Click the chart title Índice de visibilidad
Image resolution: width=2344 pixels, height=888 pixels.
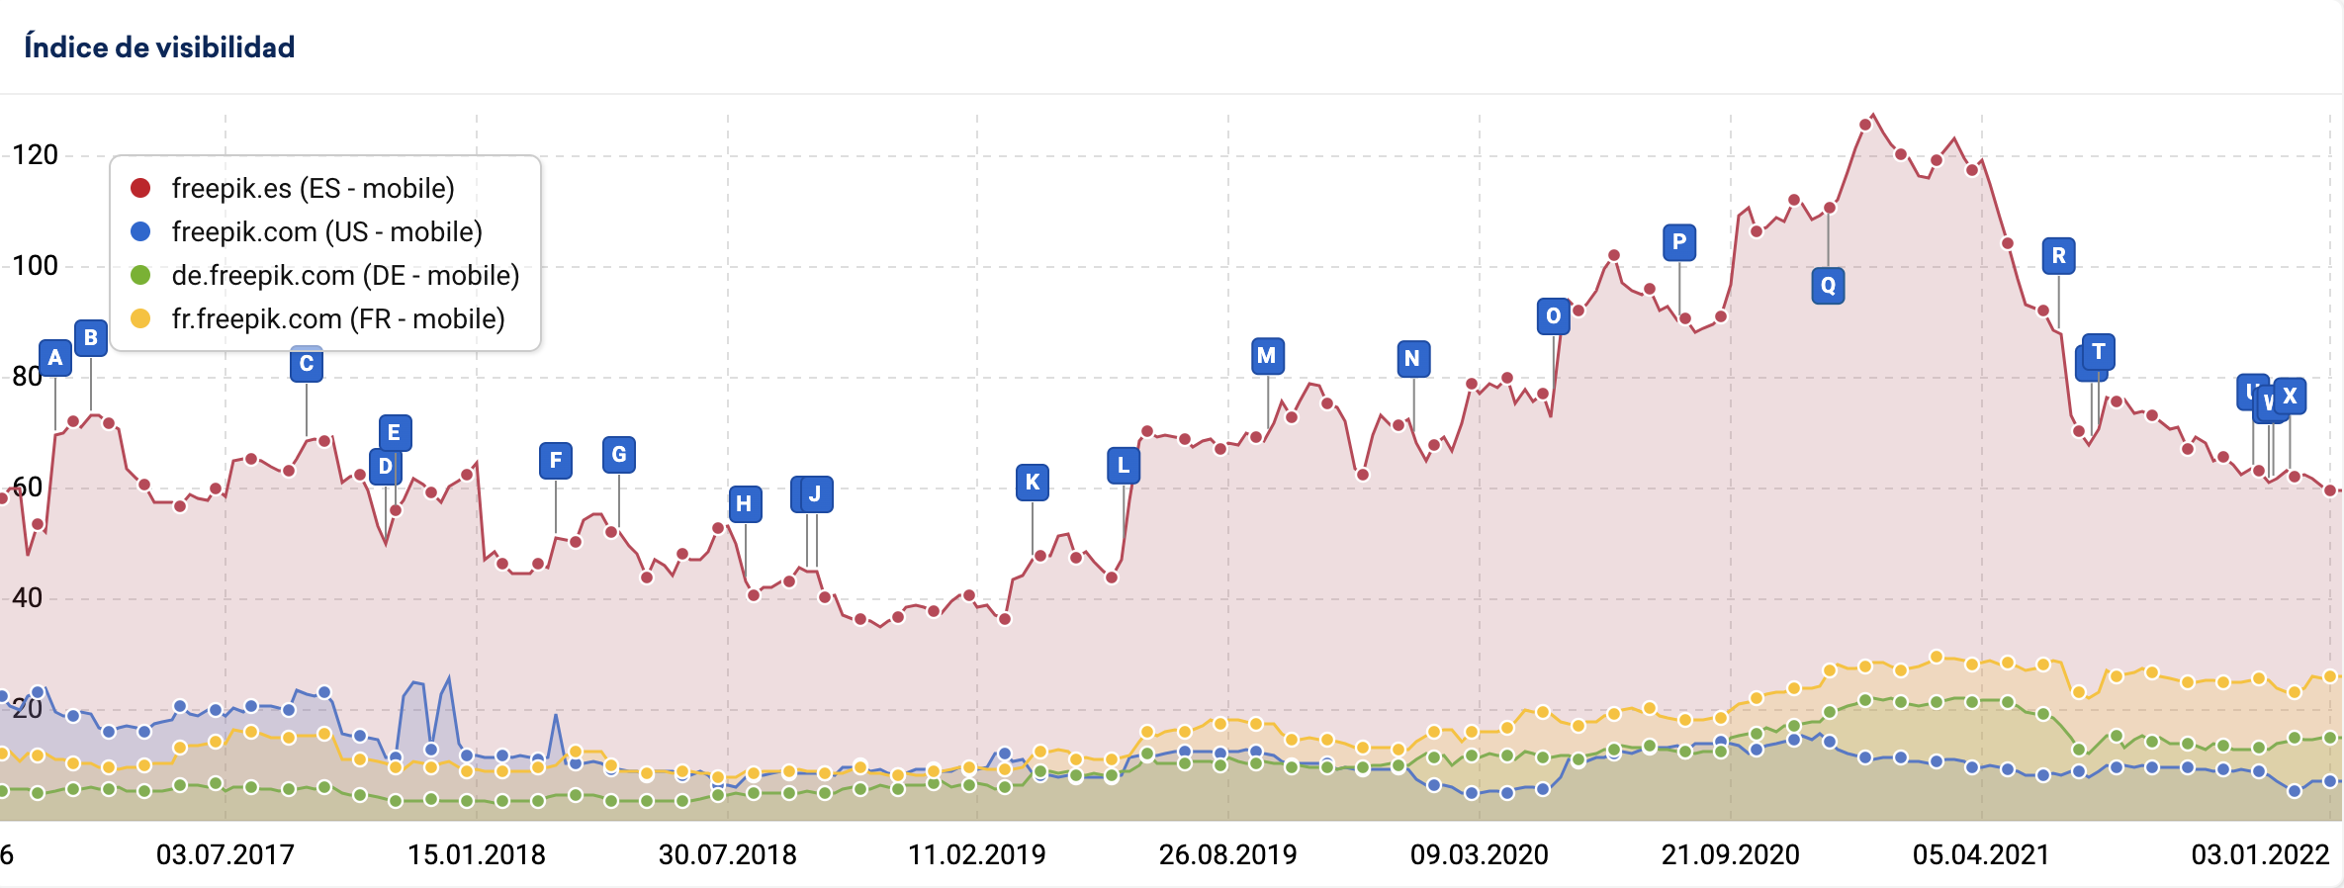(x=159, y=46)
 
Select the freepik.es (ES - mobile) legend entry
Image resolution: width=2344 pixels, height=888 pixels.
(x=312, y=188)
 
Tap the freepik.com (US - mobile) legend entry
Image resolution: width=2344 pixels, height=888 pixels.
(x=325, y=231)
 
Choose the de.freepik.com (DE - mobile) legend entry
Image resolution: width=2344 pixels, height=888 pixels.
(x=344, y=275)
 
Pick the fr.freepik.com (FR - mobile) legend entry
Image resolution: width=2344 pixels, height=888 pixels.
(x=337, y=318)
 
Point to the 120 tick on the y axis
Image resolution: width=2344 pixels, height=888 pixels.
(x=35, y=154)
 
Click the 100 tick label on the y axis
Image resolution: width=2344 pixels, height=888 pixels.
(x=35, y=265)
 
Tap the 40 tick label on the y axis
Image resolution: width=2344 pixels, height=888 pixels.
(x=27, y=597)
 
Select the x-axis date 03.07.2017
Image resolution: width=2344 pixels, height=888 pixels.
(x=225, y=854)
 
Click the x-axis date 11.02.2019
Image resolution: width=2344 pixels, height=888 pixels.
(x=977, y=854)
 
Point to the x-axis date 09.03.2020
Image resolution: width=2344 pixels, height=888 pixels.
(x=1479, y=854)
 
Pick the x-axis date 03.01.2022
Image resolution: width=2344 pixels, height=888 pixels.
(x=2260, y=854)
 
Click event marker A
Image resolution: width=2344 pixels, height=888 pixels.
(x=55, y=357)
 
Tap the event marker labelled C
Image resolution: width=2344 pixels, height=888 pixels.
(x=307, y=364)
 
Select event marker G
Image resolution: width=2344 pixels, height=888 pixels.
(x=619, y=455)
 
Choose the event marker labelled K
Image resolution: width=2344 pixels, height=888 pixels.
(x=1033, y=482)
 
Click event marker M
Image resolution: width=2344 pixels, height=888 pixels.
(x=1267, y=355)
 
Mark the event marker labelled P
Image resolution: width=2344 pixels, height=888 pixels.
(x=1679, y=242)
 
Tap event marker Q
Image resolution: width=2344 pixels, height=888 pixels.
(x=1828, y=286)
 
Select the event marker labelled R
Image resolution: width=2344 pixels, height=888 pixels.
(x=2058, y=256)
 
